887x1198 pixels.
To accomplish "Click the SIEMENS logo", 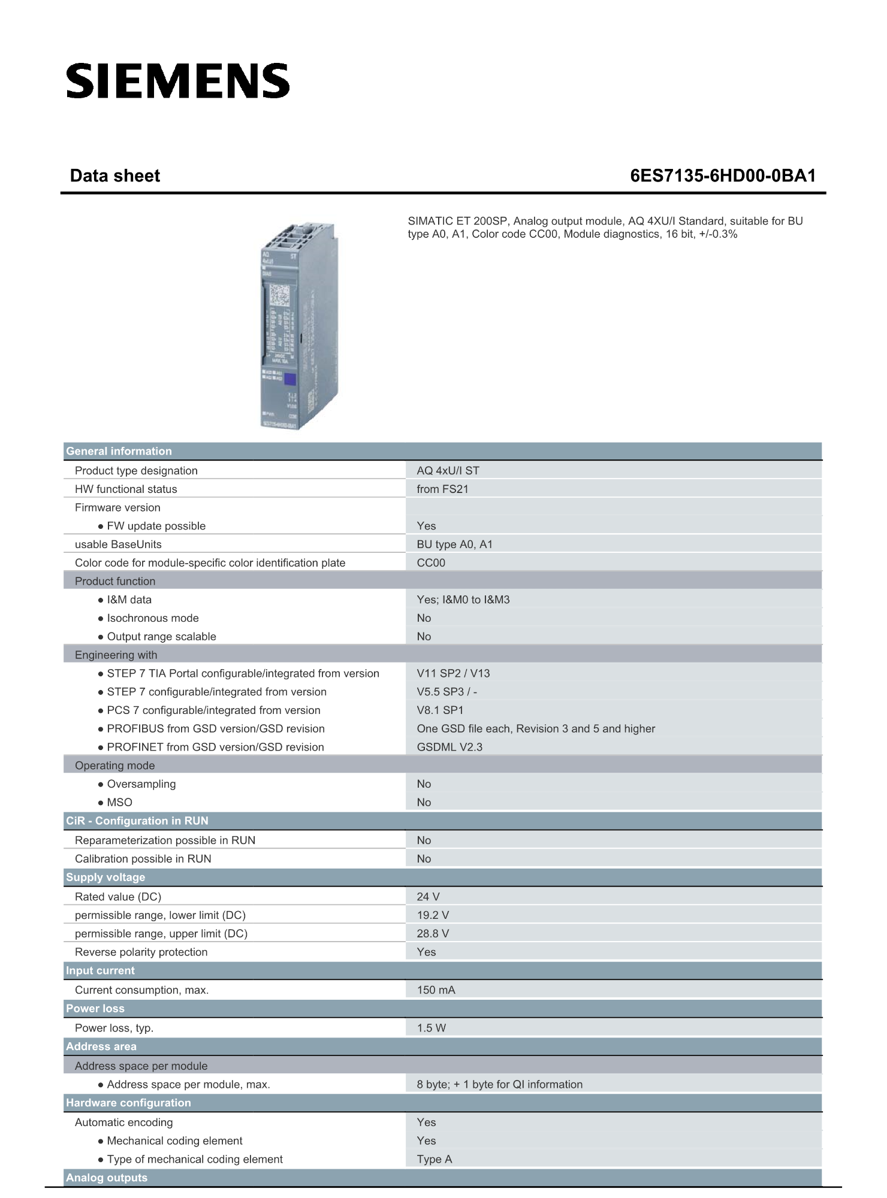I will pyautogui.click(x=178, y=81).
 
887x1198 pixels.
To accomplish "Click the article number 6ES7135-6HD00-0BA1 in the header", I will pyautogui.click(x=723, y=176).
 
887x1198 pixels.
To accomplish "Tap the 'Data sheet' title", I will pyautogui.click(x=115, y=176).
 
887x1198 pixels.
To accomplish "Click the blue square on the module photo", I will pyautogui.click(x=290, y=379).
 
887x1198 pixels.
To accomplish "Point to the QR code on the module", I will pyautogui.click(x=279, y=297).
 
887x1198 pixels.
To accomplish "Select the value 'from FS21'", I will pyautogui.click(x=442, y=489).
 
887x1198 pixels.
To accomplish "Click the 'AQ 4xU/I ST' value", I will pyautogui.click(x=448, y=470).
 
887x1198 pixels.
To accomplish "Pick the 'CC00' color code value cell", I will pyautogui.click(x=431, y=562).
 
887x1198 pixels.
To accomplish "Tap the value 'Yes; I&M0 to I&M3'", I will pyautogui.click(x=463, y=600).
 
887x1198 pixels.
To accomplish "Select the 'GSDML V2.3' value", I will pyautogui.click(x=449, y=747).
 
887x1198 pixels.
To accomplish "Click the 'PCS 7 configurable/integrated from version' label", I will pyautogui.click(x=213, y=710).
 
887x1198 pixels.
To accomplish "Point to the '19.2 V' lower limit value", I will pyautogui.click(x=433, y=915).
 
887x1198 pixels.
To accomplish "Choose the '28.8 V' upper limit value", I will pyautogui.click(x=433, y=933).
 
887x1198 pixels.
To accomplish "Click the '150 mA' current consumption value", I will pyautogui.click(x=436, y=990).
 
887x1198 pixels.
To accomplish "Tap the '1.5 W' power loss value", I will pyautogui.click(x=431, y=1028).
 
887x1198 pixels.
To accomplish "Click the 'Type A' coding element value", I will pyautogui.click(x=435, y=1159).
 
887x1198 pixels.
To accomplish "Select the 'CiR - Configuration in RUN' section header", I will pyautogui.click(x=137, y=821).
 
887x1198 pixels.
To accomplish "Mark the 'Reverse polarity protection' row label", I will pyautogui.click(x=141, y=952).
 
